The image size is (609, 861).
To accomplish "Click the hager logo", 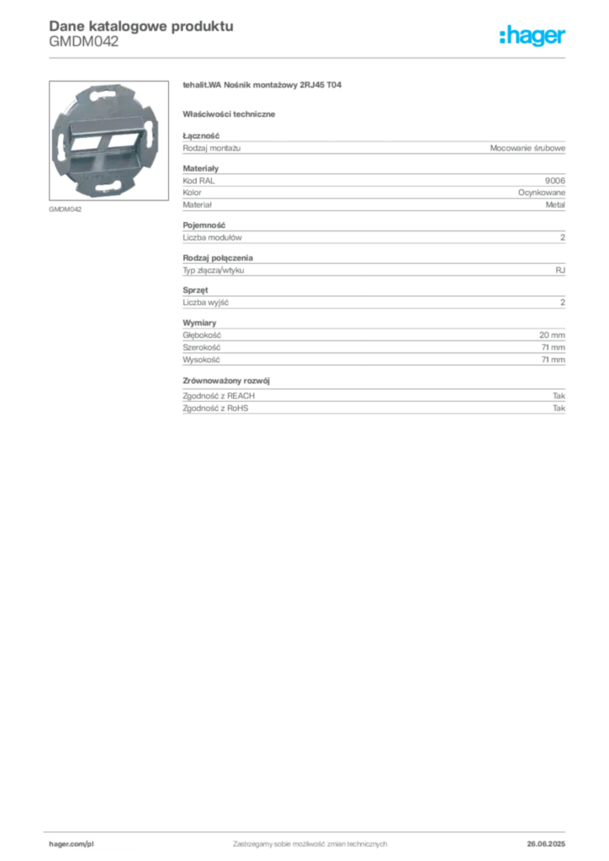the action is pos(532,36).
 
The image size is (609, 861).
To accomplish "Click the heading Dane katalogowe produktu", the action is pos(141,26).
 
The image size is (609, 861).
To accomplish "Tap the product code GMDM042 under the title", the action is pos(83,42).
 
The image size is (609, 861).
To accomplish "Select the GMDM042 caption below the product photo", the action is pos(66,209).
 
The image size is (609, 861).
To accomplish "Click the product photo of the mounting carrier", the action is pos(109,140).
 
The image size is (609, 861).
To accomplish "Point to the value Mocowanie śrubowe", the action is pos(527,148).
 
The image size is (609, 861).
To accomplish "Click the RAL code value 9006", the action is pos(554,181).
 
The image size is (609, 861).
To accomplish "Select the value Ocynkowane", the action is pos(542,193).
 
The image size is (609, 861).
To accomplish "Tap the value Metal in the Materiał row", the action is pos(555,205).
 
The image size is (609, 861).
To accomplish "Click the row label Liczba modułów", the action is pos(212,238).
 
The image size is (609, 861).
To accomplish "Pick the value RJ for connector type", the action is pos(560,270).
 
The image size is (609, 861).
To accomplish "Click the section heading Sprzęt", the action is pos(195,290).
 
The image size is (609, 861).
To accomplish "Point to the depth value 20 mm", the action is pos(552,335).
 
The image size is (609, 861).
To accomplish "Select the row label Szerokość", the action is pos(202,347).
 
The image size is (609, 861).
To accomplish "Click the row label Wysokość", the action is pos(201,360).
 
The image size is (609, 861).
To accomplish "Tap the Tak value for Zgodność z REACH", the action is pos(559,396).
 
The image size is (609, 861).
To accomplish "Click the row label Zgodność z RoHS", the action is pos(215,409).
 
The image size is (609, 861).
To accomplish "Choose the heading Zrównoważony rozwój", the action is pos(226,381).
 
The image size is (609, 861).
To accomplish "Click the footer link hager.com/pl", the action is pos(71,844).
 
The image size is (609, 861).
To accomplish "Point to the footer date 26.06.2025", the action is pos(546,844).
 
